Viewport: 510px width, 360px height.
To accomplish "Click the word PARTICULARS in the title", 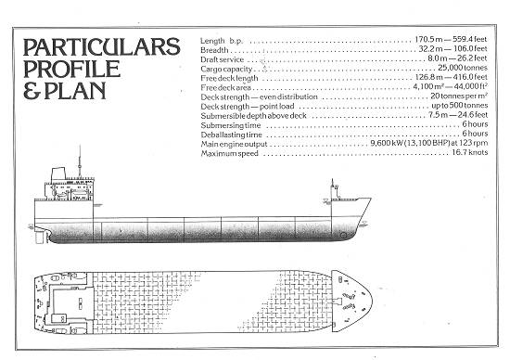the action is [101, 47].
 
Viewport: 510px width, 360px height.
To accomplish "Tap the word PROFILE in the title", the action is [71, 69].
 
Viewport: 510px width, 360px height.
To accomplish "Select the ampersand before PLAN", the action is [32, 91].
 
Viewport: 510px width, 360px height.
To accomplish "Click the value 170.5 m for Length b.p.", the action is [428, 39].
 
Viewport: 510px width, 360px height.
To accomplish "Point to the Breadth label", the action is [214, 50].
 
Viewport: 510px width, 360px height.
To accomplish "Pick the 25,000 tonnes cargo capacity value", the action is [463, 68].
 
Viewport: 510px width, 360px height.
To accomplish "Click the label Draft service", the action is [223, 59].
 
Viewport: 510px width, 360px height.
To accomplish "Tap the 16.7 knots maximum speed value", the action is [470, 152].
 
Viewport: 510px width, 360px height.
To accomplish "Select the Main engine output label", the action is [234, 144].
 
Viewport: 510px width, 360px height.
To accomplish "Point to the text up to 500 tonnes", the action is [460, 106].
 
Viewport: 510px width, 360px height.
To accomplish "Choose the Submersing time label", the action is [231, 125].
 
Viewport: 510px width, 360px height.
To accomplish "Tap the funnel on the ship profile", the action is [58, 174].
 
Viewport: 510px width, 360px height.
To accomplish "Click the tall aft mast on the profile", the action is [80, 161].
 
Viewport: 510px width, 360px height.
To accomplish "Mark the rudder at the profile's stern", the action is [39, 238].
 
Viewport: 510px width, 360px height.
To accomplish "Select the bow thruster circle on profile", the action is [343, 236].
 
